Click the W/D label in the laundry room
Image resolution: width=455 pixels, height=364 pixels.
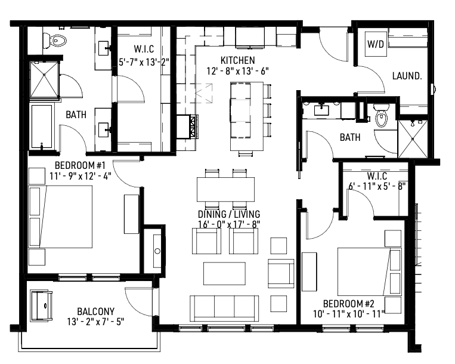point(375,44)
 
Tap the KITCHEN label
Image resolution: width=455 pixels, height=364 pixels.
point(237,60)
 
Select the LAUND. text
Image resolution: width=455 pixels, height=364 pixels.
point(407,76)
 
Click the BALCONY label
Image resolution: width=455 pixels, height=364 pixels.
point(95,311)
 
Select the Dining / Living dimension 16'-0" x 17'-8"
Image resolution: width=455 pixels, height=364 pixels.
point(230,225)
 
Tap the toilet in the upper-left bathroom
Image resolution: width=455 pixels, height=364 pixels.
point(55,41)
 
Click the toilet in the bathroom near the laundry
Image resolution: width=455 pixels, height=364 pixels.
point(381,116)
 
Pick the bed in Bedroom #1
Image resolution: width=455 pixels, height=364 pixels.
point(62,217)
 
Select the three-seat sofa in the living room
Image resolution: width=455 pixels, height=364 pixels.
point(224,307)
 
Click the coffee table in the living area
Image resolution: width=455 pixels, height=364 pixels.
point(224,273)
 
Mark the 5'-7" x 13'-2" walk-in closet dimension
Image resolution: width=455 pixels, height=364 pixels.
point(144,61)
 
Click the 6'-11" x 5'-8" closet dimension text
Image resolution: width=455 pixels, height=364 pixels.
point(377,186)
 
